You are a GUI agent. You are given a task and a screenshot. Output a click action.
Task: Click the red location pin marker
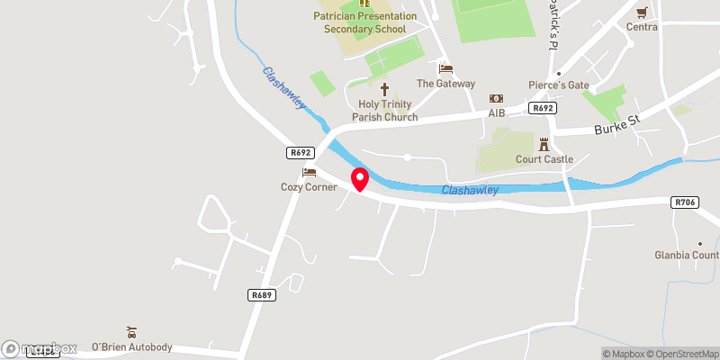coord(360,179)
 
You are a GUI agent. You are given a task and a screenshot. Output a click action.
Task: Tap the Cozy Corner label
coord(308,187)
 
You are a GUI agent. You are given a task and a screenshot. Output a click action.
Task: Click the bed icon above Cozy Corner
coord(309,172)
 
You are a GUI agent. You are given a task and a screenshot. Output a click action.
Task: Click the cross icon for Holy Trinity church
coord(385,89)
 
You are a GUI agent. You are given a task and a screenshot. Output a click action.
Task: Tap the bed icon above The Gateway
coord(445,68)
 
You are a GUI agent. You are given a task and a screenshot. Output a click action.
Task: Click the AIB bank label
coord(497,113)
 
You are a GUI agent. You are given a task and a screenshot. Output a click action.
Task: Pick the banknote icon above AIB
coord(496,98)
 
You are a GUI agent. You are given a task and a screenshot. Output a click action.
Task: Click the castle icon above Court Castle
coord(543,144)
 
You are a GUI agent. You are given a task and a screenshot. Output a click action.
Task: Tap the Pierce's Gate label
coord(559,85)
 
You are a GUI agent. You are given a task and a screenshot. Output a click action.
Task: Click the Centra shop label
coord(643,27)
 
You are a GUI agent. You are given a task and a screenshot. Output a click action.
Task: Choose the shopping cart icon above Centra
coord(642,13)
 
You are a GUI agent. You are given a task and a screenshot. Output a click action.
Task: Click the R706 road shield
coord(686,203)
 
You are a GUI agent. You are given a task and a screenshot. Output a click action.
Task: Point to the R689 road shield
coord(261,294)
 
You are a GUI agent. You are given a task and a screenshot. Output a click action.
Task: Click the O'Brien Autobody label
coord(131,347)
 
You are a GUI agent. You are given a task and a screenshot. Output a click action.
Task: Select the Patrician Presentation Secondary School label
coord(365,22)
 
